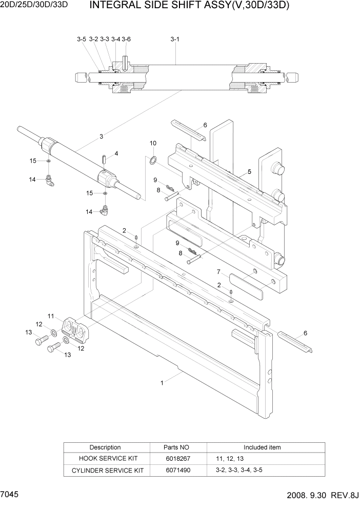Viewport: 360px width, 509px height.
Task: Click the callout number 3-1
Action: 174,39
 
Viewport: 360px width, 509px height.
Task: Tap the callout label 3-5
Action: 82,39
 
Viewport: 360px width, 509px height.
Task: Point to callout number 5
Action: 249,171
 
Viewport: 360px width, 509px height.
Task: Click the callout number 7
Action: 218,271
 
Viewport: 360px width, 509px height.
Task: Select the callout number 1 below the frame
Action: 162,382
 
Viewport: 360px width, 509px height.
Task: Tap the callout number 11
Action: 51,316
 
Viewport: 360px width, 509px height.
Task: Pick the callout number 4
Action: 116,153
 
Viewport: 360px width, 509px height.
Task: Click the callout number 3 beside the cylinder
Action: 102,136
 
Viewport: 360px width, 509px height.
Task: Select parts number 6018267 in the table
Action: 176,458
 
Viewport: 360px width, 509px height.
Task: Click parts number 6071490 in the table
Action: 176,470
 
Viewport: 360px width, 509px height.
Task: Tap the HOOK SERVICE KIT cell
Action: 105,458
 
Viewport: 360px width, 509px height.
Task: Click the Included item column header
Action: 262,447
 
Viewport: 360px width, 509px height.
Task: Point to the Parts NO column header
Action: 176,447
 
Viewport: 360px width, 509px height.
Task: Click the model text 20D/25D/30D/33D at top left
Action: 35,6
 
